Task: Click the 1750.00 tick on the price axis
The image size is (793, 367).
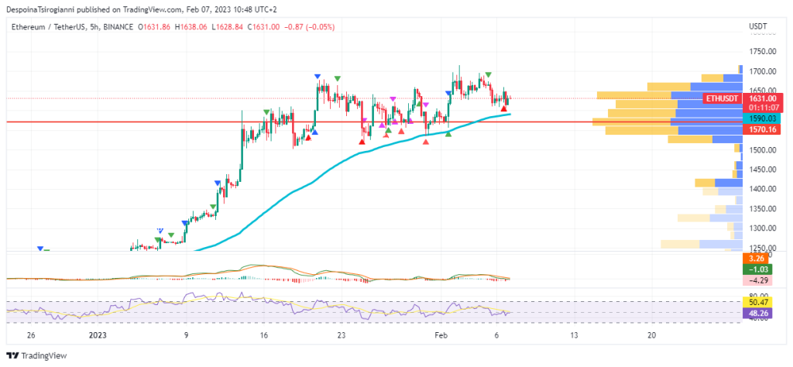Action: tap(763, 51)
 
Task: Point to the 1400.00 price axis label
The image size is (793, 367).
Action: tap(763, 189)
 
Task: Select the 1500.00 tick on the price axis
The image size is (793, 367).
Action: tap(763, 149)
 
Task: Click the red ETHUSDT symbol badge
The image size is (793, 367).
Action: tap(721, 99)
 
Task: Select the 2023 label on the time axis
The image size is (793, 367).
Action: tap(98, 335)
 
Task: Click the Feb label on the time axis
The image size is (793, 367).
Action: tap(441, 335)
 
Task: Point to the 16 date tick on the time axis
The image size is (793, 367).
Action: tap(264, 335)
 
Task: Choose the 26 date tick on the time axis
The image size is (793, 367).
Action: tap(30, 335)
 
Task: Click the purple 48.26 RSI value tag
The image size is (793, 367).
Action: tap(755, 314)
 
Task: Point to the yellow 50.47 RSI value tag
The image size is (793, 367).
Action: tap(755, 302)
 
